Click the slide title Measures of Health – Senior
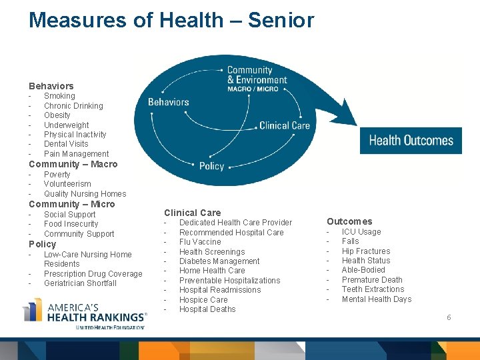coord(171,20)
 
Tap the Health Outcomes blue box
coord(411,141)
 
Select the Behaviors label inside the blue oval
coord(168,102)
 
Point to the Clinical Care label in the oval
coord(284,125)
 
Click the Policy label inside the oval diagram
coord(211,166)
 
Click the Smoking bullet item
coord(59,96)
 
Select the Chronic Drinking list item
coord(73,106)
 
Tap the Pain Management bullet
coord(76,154)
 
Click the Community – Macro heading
coord(73,164)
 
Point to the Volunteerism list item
coord(67,184)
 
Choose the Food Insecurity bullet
coord(71,224)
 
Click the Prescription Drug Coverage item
coord(93,274)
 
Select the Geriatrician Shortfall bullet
coord(80,283)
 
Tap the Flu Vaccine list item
coord(200,242)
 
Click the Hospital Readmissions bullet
coord(220,290)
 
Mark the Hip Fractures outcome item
coord(366,251)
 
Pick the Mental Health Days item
coord(377,299)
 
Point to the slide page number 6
coord(449,317)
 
